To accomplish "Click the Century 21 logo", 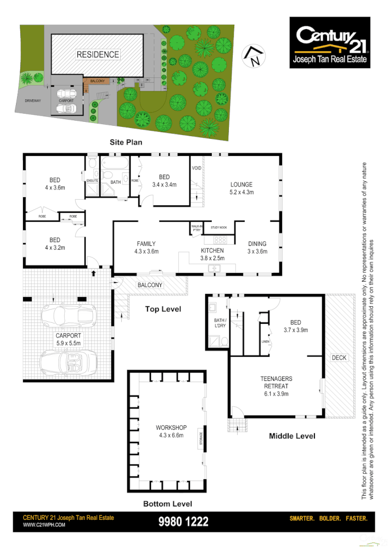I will tap(330, 42).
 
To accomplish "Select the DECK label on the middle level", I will tap(339, 358).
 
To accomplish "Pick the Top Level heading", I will tap(163, 309).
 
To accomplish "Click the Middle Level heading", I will tap(292, 436).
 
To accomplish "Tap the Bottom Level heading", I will tap(167, 503).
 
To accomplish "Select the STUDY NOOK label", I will tap(219, 226).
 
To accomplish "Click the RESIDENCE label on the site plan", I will tap(98, 54).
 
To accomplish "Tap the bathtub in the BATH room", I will tap(115, 165).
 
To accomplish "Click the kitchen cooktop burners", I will tap(220, 240).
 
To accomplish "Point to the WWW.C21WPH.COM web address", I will tap(44, 525).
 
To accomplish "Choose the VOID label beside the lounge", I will tap(196, 167).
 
